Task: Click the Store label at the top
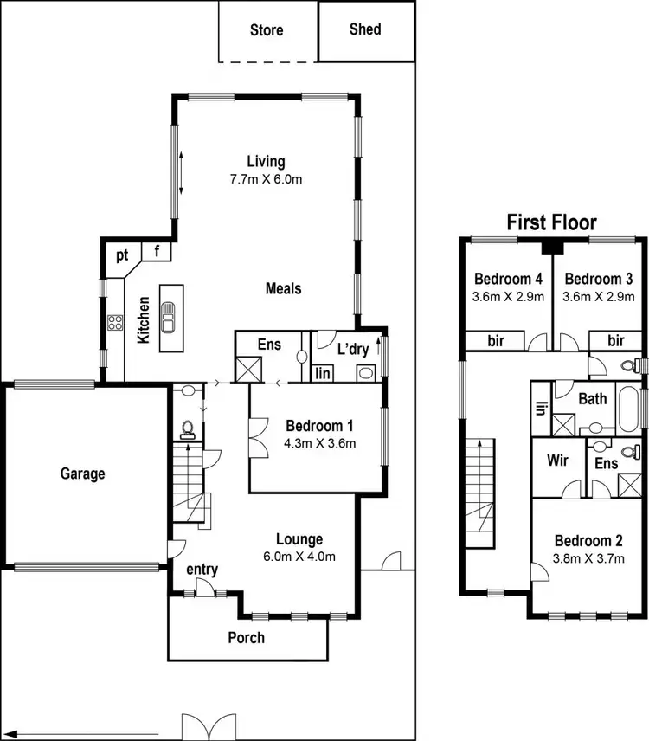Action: [267, 30]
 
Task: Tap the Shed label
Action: [365, 29]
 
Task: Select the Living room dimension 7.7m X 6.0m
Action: [266, 179]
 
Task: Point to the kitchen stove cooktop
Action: [114, 323]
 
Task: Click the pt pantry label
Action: [122, 255]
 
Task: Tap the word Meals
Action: [283, 288]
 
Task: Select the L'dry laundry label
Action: [353, 350]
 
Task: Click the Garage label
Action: [83, 474]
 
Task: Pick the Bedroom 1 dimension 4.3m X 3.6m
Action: [320, 443]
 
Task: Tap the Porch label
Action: [246, 638]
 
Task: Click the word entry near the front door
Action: [202, 570]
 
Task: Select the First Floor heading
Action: [551, 222]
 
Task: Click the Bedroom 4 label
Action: [509, 279]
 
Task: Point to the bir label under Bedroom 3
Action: [615, 341]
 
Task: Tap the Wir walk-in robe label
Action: [558, 461]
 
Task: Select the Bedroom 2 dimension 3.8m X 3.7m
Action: [588, 558]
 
